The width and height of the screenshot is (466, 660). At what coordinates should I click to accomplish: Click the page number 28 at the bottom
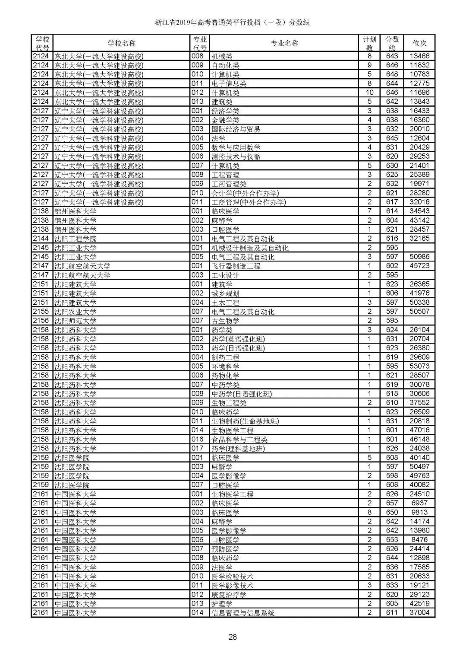[x=233, y=637]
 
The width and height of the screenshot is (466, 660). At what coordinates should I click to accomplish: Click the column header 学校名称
[x=121, y=43]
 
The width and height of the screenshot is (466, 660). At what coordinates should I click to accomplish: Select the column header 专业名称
[x=284, y=43]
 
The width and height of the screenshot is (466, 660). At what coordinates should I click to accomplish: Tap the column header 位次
[x=419, y=43]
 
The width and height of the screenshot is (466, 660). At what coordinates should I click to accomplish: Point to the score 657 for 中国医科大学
[x=392, y=503]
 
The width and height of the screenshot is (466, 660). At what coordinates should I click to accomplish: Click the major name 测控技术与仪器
[x=236, y=156]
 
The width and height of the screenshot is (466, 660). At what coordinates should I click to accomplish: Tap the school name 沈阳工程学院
[x=75, y=239]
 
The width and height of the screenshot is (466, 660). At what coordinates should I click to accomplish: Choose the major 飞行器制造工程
[x=236, y=266]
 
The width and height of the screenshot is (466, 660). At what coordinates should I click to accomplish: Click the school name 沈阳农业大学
[x=75, y=312]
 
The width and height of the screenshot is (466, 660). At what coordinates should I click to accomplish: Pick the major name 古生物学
[x=225, y=321]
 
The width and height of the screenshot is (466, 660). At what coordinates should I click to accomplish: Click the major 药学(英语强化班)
[x=238, y=339]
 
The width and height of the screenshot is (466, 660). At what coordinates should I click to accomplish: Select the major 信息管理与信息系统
[x=243, y=613]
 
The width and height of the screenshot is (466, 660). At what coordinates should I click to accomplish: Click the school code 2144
[x=41, y=239]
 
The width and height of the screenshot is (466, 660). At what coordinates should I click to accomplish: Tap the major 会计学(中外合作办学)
[x=245, y=193]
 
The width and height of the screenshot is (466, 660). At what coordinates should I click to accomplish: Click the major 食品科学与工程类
[x=239, y=440]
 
